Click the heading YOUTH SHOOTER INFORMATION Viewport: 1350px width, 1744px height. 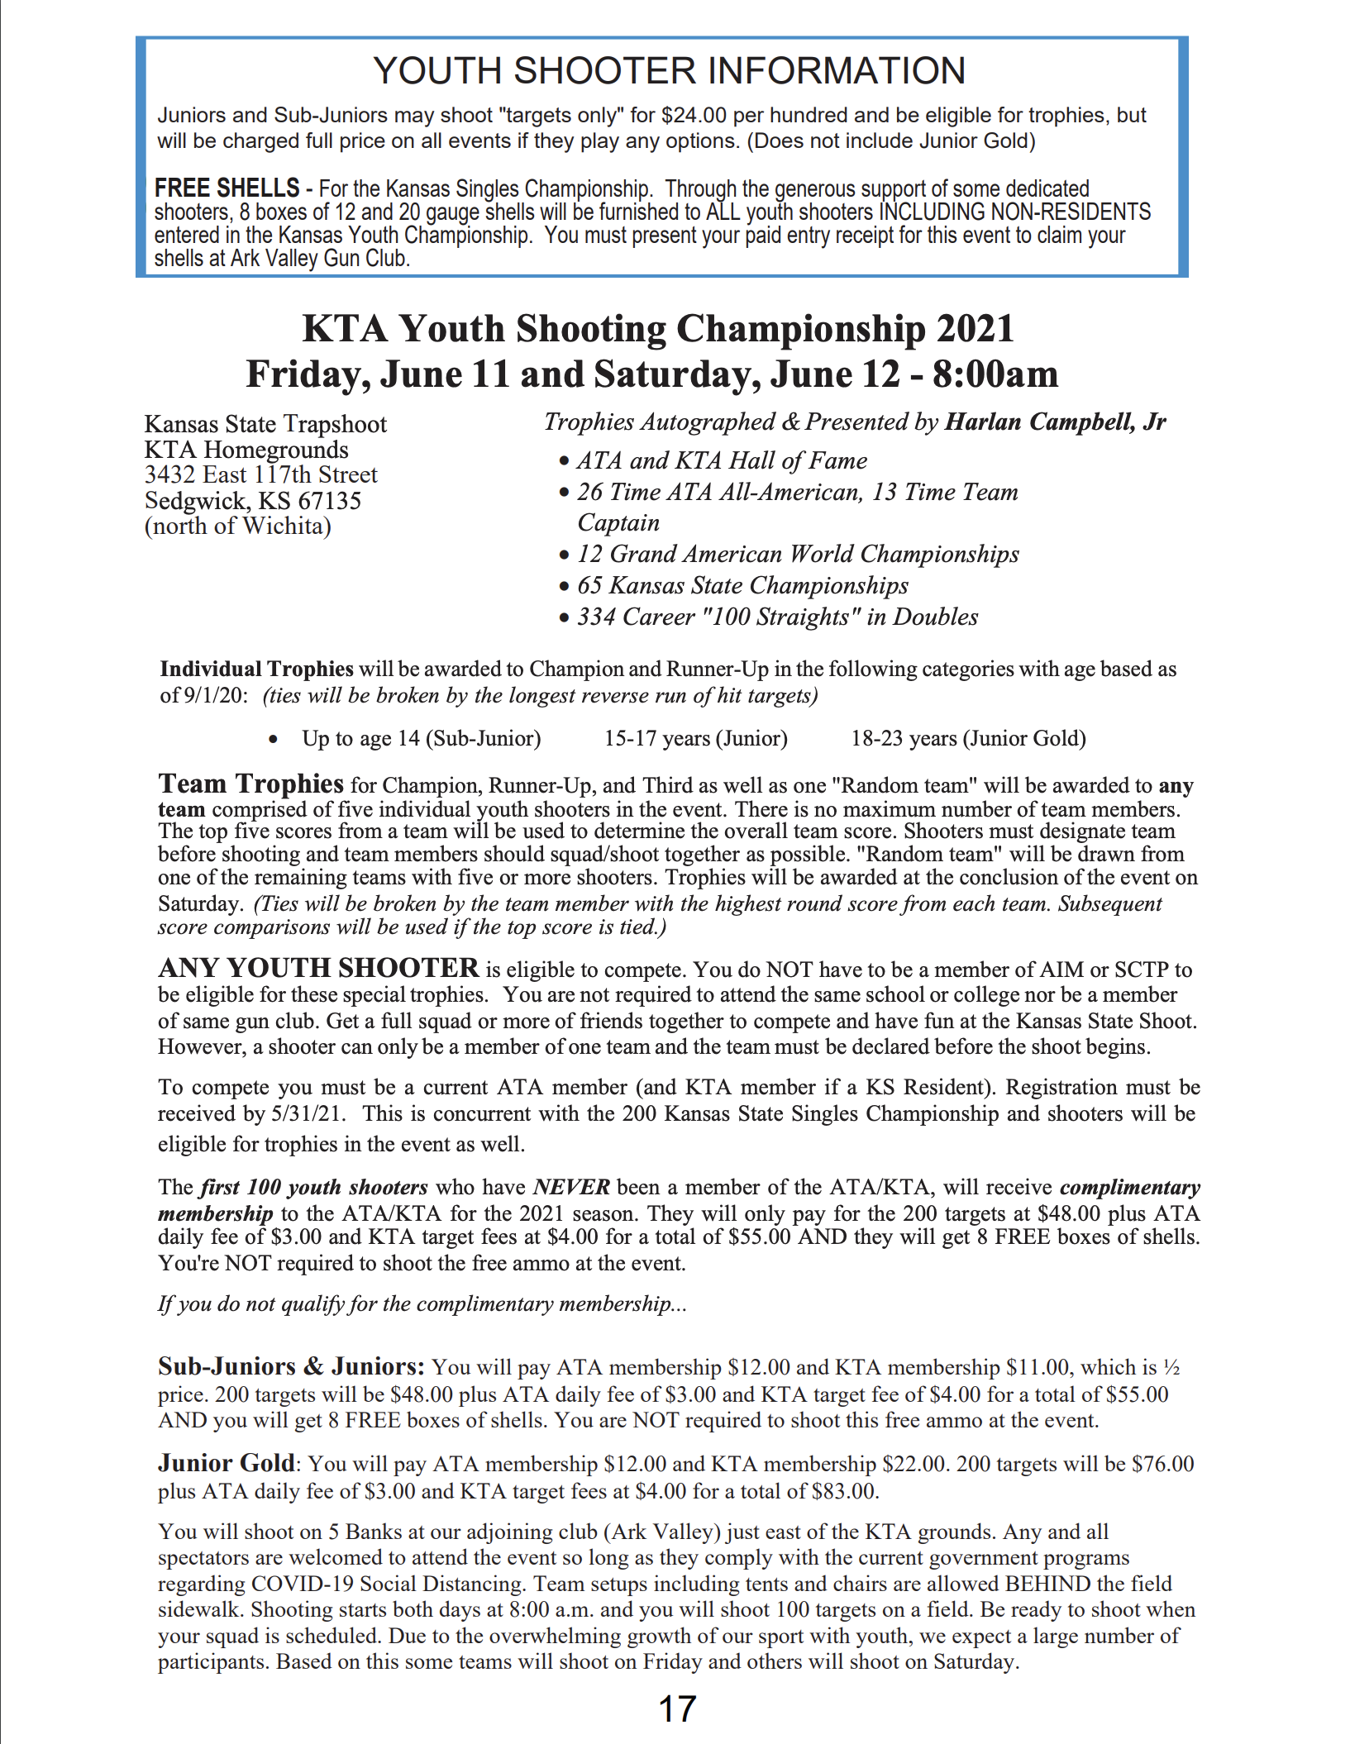(x=669, y=71)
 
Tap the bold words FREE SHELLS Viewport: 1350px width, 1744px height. (x=227, y=188)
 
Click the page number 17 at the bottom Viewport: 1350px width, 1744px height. (x=677, y=1708)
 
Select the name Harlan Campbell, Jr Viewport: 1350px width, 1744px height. (x=1055, y=422)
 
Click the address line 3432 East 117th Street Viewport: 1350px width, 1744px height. (x=260, y=475)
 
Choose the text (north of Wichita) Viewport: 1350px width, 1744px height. (x=238, y=527)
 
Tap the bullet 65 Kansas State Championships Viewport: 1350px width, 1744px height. (x=742, y=586)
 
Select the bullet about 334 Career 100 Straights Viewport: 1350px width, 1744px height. (x=777, y=617)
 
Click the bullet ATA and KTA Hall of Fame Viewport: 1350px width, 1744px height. (x=722, y=461)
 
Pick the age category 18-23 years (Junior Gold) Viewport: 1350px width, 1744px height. (x=968, y=738)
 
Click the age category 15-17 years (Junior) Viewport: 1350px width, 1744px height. (x=695, y=738)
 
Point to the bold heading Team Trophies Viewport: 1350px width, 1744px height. (x=250, y=784)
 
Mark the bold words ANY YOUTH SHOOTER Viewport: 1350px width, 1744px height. (x=318, y=968)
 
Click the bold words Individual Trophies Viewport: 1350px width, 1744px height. (x=256, y=669)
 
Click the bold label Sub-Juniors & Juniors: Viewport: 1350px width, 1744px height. (x=291, y=1366)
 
